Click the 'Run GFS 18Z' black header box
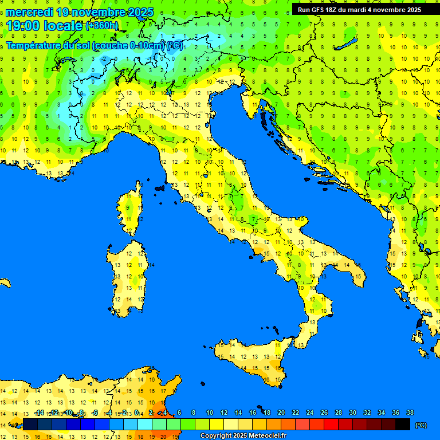click(359, 9)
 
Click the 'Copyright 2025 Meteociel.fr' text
click(243, 435)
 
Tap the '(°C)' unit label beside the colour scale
click(421, 425)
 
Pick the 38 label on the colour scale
click(410, 413)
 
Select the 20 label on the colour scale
click(281, 413)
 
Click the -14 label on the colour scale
click(39, 413)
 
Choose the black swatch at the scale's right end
click(403, 424)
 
